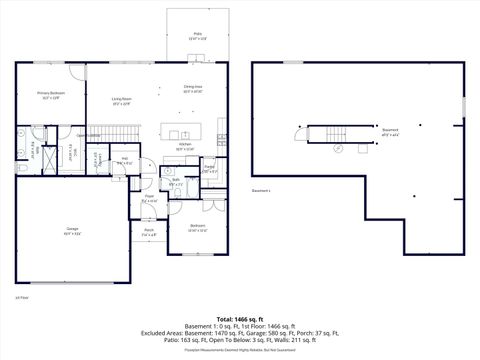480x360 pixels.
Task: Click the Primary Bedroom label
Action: tap(50, 96)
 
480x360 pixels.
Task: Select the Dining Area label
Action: tap(193, 89)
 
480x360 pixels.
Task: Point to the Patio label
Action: tap(198, 36)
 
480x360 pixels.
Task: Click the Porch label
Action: tap(148, 233)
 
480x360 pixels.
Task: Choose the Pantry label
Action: tap(209, 168)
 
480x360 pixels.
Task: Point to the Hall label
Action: tap(125, 161)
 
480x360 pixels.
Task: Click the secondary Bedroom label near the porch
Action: tap(200, 228)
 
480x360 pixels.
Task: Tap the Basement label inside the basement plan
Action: tap(390, 131)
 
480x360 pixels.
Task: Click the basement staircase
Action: tap(323, 135)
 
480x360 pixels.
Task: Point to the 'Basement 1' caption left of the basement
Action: tap(261, 190)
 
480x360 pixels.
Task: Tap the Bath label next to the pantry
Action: tap(175, 183)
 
